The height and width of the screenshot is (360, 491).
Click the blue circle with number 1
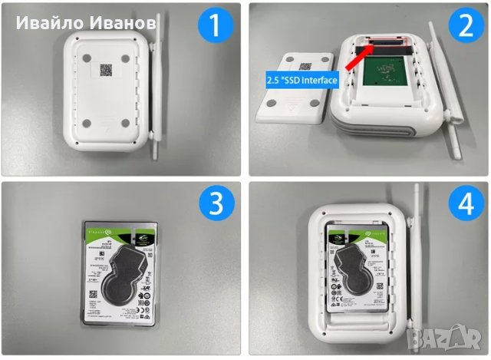pyautogui.click(x=215, y=27)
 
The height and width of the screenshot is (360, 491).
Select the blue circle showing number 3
pyautogui.click(x=216, y=205)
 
